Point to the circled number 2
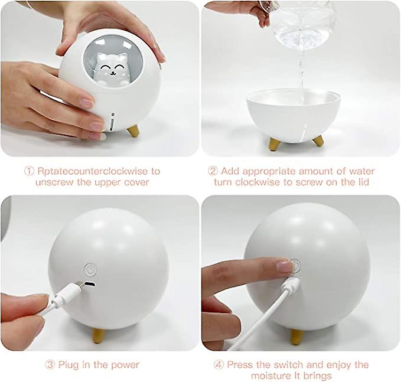[x=213, y=171]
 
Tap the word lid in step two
[x=361, y=182]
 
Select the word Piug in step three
[x=69, y=365]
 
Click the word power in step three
[x=125, y=365]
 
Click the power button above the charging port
[x=90, y=269]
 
